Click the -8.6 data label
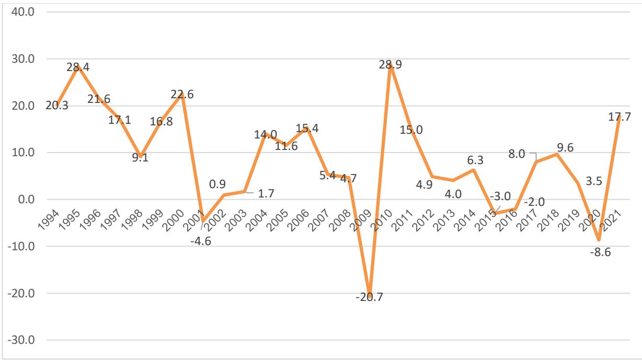pyautogui.click(x=599, y=253)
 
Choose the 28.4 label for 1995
pyautogui.click(x=79, y=67)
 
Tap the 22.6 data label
pyautogui.click(x=182, y=94)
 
